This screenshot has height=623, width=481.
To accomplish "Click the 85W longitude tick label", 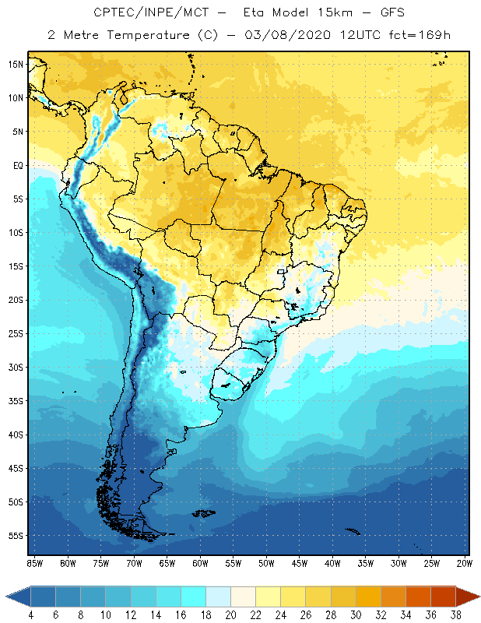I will tap(34, 562).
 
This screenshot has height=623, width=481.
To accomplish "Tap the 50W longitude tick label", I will tap(266, 562).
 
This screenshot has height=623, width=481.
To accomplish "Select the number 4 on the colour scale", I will tap(30, 615).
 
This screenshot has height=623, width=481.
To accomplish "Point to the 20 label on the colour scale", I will tap(230, 615).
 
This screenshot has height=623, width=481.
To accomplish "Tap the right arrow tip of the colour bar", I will tap(478, 597).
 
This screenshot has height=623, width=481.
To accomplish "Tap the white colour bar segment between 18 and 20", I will tap(218, 597).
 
